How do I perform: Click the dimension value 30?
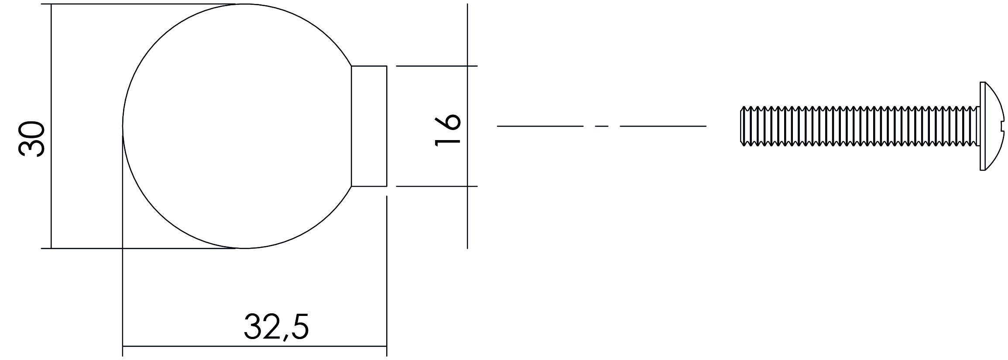click(x=32, y=139)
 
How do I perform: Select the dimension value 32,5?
click(x=276, y=326)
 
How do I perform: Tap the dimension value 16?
click(x=448, y=130)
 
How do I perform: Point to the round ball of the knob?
click(x=237, y=126)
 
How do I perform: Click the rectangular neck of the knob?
click(x=369, y=126)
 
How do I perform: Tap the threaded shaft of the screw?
click(x=860, y=126)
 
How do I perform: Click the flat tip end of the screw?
click(x=741, y=126)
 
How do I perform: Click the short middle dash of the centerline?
click(x=602, y=126)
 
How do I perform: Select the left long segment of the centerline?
click(x=540, y=126)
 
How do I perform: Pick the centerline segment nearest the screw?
click(x=663, y=126)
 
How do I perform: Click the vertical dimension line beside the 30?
click(x=51, y=126)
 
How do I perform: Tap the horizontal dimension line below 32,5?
click(x=254, y=346)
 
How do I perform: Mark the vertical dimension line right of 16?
click(x=467, y=126)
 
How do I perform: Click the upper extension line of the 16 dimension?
click(x=437, y=66)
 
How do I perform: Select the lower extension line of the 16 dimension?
click(x=437, y=186)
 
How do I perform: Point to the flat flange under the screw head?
click(x=982, y=126)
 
